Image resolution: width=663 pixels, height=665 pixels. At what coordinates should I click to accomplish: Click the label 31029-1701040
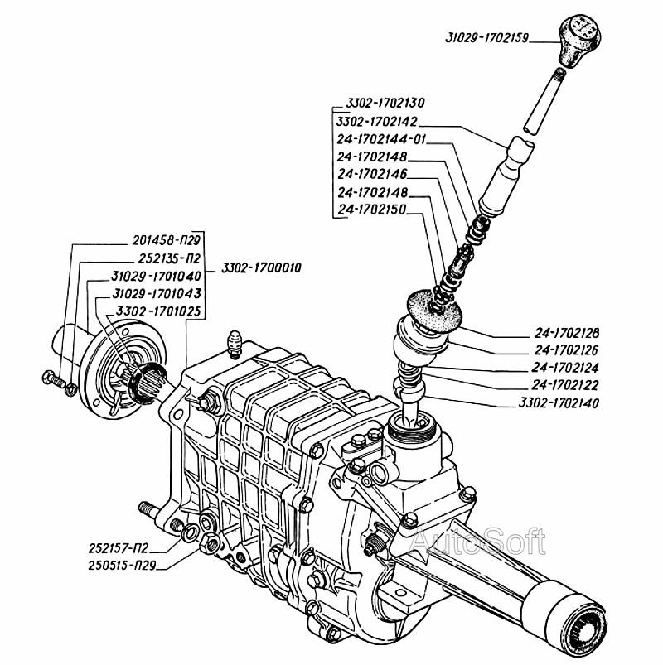(157, 276)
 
